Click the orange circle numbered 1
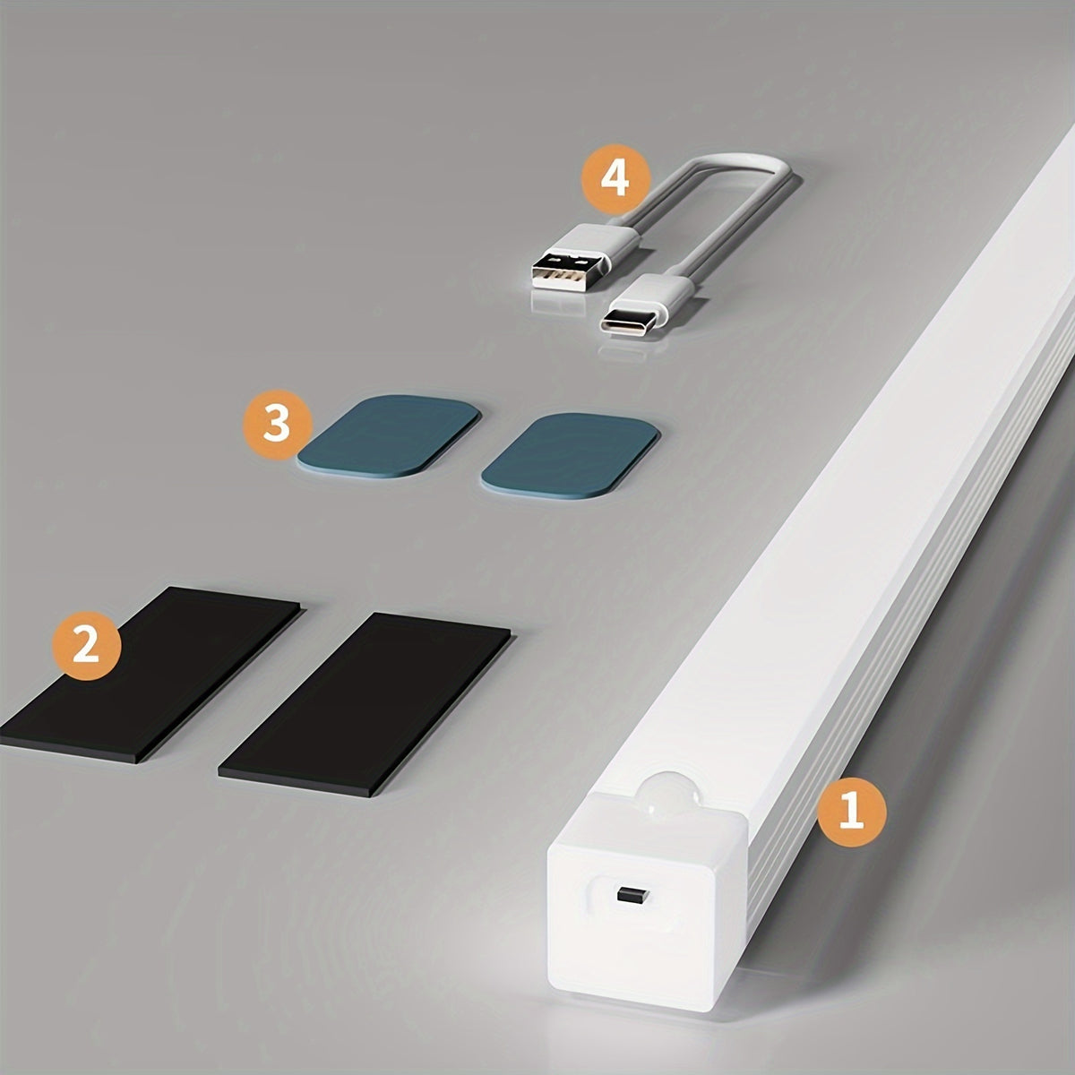[851, 813]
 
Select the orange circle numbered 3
[277, 424]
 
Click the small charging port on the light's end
[630, 893]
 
